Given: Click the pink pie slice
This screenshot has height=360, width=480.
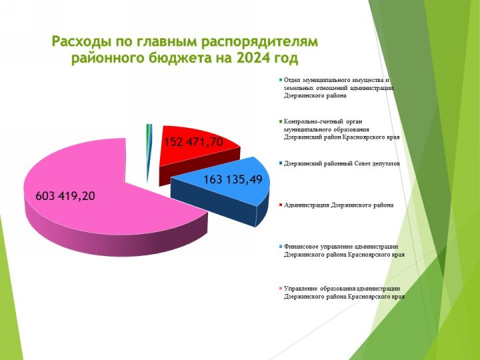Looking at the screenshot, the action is [92, 196].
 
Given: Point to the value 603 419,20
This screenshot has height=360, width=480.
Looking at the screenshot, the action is [65, 196].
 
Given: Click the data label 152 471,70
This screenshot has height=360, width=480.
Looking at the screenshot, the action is [193, 142].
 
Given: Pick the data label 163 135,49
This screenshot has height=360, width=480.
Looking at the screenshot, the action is [233, 179].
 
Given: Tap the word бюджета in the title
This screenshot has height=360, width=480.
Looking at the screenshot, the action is [181, 58].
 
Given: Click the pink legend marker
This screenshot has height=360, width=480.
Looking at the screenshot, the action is [281, 289].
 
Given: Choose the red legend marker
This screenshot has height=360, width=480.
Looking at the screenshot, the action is [281, 205].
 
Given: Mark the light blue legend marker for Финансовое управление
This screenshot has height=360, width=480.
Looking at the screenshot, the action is [281, 247].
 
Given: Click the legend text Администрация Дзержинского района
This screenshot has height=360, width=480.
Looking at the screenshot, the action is [339, 205].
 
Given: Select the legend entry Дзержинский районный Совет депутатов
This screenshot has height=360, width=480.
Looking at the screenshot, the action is [341, 163].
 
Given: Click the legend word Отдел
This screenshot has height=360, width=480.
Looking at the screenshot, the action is [291, 80].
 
